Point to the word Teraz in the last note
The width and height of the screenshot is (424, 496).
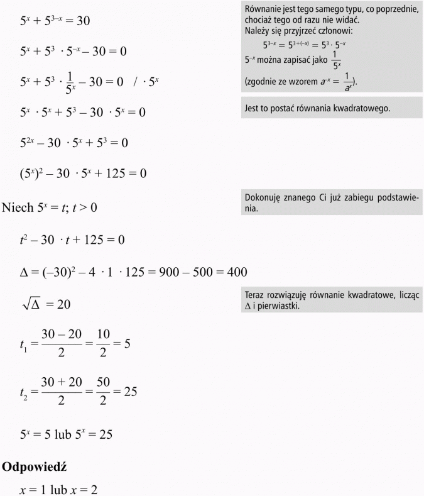[x=254, y=295]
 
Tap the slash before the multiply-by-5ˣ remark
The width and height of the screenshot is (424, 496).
[x=135, y=82]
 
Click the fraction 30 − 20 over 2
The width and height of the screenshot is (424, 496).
[x=61, y=345]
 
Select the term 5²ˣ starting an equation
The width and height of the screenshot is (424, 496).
[x=30, y=143]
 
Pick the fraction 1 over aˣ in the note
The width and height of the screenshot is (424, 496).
[x=348, y=82]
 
